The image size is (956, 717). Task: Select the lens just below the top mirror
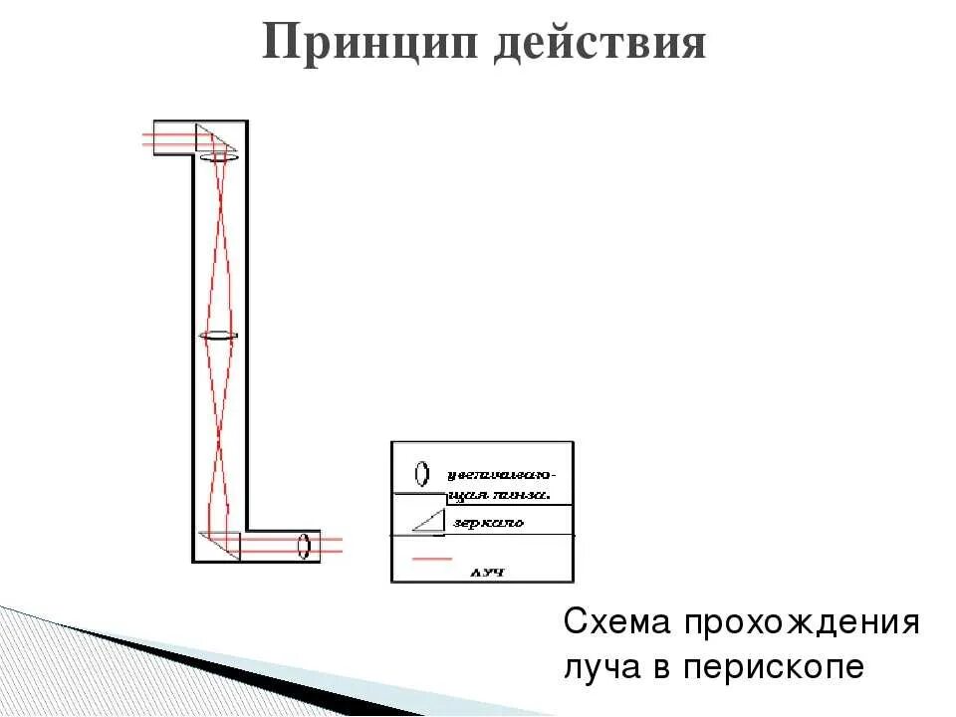(219, 157)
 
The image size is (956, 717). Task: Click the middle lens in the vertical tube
(219, 337)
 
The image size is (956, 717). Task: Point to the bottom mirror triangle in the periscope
(221, 545)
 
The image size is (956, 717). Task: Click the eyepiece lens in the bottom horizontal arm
(304, 546)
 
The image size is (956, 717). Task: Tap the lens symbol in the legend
(423, 471)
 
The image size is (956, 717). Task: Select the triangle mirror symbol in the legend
(428, 520)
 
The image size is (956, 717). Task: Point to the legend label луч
(487, 573)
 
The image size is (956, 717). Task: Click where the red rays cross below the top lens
(219, 246)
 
